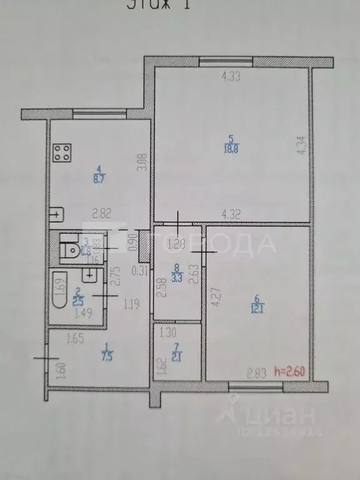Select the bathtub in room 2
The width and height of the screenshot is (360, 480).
click(x=59, y=291)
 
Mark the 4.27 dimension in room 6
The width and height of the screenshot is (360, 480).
click(x=216, y=296)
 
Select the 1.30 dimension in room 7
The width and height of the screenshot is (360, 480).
click(x=169, y=333)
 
